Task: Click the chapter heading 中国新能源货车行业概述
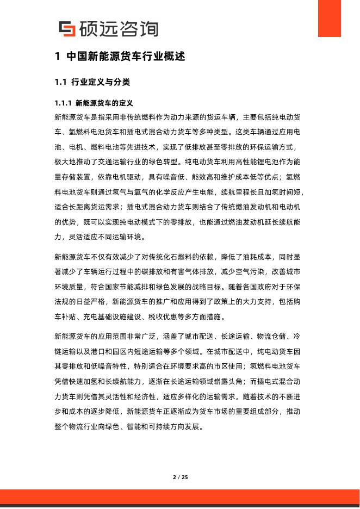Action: tap(126, 57)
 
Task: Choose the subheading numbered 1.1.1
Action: tap(94, 103)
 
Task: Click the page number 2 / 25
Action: tap(180, 477)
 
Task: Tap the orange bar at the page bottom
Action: tap(180, 496)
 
